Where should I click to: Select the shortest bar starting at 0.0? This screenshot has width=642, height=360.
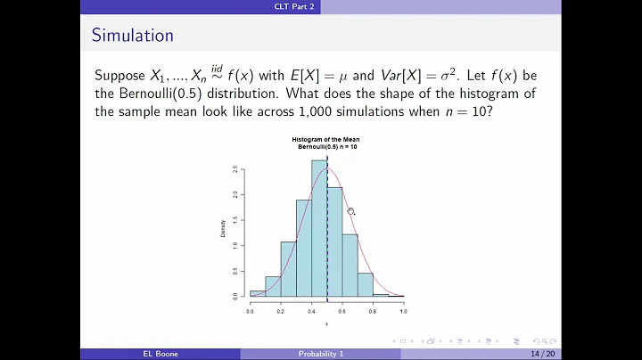(x=258, y=293)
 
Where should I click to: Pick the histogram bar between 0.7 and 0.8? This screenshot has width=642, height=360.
(x=365, y=284)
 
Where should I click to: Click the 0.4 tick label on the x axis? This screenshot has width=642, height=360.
(x=311, y=312)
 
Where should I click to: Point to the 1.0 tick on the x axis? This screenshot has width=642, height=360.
(x=403, y=312)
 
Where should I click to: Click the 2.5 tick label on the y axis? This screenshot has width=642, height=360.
(x=234, y=169)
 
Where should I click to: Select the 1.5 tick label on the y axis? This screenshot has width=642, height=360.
(x=234, y=219)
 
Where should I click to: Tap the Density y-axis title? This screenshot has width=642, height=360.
(x=223, y=229)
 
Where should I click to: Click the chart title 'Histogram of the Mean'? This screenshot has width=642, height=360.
(x=326, y=140)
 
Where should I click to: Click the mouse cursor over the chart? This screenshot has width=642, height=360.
(x=350, y=211)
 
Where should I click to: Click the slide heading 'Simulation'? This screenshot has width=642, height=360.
(x=132, y=36)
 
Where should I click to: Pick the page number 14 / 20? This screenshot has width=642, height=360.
(x=541, y=354)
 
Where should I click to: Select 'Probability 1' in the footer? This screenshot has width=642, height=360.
(x=320, y=354)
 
